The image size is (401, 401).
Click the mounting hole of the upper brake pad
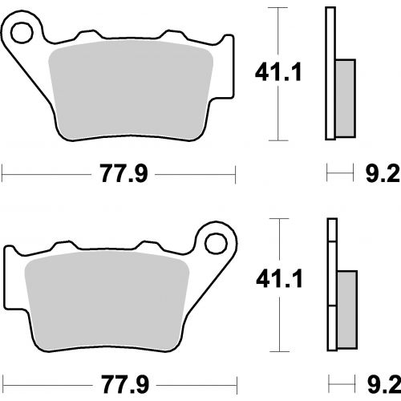22,33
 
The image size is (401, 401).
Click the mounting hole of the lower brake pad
216,244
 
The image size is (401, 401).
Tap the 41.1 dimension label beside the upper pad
278,71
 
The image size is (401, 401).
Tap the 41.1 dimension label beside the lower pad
279,279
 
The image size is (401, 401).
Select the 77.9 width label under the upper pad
124,173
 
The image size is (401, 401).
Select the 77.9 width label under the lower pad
125,384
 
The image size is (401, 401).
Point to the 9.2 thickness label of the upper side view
383,173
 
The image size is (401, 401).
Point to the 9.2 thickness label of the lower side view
384,384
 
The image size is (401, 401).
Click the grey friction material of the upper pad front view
131,90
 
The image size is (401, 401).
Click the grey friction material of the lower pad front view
107,301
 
